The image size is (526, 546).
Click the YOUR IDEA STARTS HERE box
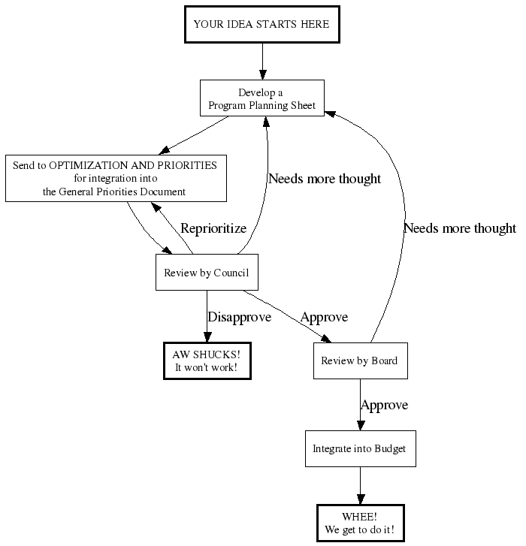[x=261, y=24]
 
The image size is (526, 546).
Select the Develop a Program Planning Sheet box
[x=261, y=98]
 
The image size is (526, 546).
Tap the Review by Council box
[x=206, y=272]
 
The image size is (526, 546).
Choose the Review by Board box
[x=359, y=360]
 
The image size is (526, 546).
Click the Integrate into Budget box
[x=359, y=448]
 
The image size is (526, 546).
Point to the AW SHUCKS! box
[x=206, y=360]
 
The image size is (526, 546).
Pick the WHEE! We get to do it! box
[x=359, y=523]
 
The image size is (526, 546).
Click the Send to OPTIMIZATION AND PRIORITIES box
[x=115, y=178]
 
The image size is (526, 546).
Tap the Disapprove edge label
[x=239, y=317]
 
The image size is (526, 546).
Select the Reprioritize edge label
[x=213, y=228]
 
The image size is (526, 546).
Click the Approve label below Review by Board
[x=384, y=405]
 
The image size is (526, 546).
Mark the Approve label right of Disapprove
[x=324, y=317]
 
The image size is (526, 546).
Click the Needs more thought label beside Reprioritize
[x=324, y=179]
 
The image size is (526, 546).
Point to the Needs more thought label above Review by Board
[x=459, y=228]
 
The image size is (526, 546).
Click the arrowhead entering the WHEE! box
[x=360, y=499]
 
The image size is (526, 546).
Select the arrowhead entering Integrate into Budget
[x=360, y=424]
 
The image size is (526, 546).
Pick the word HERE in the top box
[x=315, y=24]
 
